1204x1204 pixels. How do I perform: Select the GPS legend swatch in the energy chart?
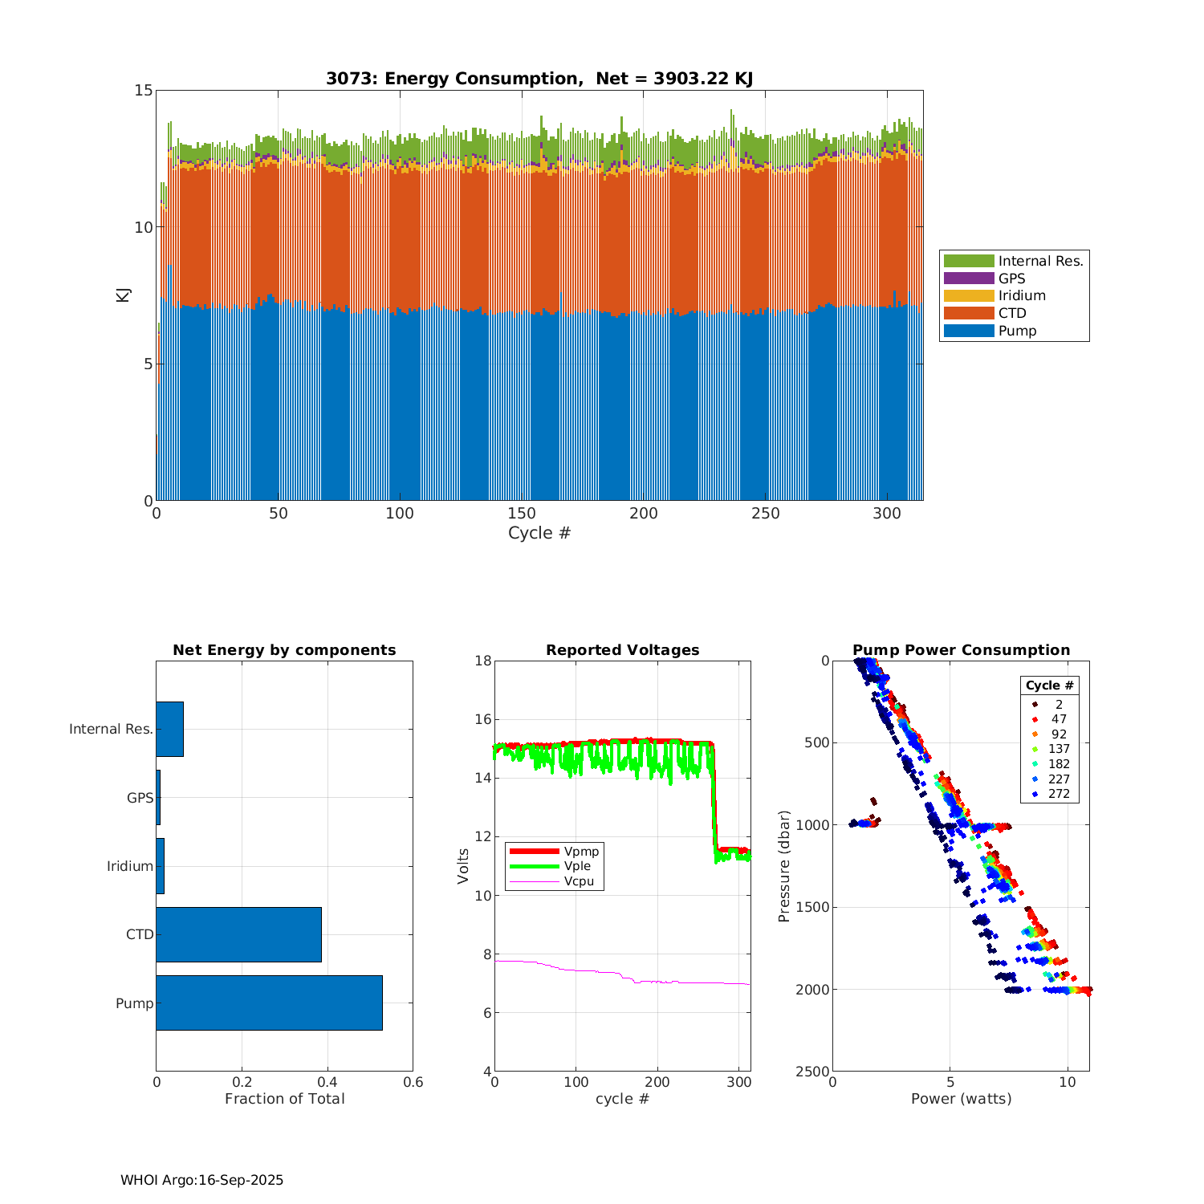pos(969,279)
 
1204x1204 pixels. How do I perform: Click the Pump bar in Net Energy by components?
pos(269,1003)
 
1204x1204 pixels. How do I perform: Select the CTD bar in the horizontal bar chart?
pos(238,934)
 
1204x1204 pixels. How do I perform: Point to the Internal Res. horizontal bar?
pos(169,729)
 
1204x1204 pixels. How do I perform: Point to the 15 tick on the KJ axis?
pos(144,90)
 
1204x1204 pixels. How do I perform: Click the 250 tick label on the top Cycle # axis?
pos(765,514)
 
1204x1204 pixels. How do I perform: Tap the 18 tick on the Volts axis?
pos(483,661)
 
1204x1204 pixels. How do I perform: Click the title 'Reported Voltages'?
pos(622,650)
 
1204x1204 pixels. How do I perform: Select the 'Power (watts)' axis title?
pos(961,1098)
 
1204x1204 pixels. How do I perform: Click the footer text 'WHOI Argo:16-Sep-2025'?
pos(202,1180)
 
